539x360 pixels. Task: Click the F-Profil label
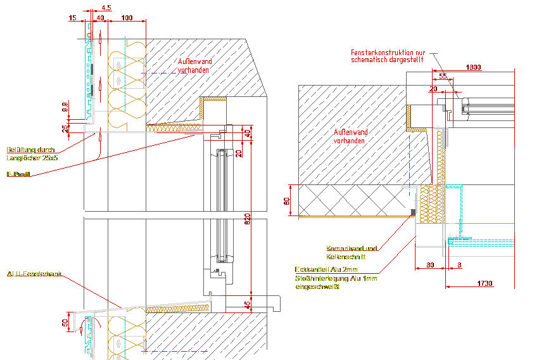(18, 174)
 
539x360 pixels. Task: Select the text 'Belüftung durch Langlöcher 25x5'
(32, 154)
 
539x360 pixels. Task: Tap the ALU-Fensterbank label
(35, 274)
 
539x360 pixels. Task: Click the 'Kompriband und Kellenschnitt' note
(352, 253)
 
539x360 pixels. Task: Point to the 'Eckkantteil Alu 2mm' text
(326, 269)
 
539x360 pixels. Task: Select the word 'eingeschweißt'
(318, 287)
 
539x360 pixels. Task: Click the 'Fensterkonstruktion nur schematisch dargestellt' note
(391, 56)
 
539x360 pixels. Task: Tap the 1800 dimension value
(473, 67)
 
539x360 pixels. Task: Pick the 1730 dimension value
(485, 283)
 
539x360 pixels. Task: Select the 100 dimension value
(127, 18)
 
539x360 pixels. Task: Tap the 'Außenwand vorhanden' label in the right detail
(351, 136)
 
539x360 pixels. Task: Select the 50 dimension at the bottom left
(65, 324)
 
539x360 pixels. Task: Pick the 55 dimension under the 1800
(442, 77)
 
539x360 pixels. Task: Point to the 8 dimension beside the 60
(459, 265)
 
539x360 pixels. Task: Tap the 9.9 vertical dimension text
(65, 106)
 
